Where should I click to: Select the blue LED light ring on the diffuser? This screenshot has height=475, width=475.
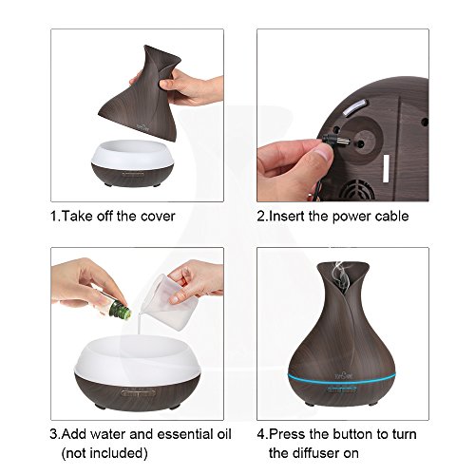342,377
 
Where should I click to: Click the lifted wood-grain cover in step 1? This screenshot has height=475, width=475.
142,93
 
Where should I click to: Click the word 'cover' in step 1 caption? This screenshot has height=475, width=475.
158,217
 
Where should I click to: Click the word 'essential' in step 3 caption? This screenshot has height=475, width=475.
185,434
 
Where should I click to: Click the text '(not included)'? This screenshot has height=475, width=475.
104,453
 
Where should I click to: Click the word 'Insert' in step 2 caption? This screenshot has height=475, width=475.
287,217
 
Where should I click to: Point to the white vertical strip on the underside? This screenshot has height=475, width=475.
386,169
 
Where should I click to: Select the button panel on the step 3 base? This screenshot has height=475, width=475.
138,393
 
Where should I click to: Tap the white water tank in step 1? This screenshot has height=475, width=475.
133,153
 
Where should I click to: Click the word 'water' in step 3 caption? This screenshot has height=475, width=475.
109,434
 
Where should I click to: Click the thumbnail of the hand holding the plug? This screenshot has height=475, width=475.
343,115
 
